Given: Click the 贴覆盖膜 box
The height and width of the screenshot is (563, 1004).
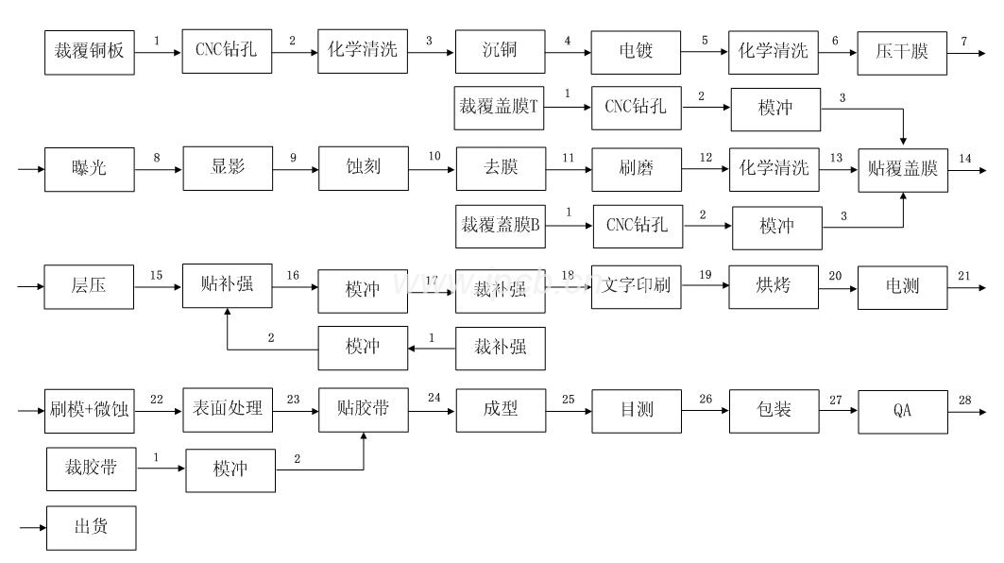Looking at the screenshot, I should (x=903, y=169).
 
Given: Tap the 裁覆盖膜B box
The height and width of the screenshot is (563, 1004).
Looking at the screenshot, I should (x=500, y=227).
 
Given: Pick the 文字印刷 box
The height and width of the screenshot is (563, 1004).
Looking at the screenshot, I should (x=636, y=285).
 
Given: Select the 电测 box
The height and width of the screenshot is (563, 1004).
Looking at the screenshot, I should (x=903, y=285).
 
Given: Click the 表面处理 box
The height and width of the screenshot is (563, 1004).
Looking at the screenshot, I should (x=228, y=410).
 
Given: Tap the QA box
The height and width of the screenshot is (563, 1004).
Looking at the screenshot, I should (x=903, y=410).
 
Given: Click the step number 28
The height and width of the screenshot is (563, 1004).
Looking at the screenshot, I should (x=964, y=401).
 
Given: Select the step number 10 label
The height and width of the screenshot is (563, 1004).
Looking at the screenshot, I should (x=434, y=157).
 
